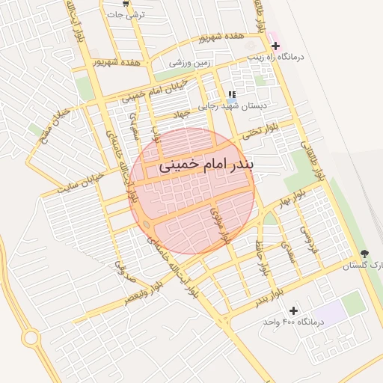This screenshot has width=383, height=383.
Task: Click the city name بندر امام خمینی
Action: (x=207, y=166)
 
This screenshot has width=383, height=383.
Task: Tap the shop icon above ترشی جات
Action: (x=126, y=3)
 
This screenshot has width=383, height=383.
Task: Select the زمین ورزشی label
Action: (x=190, y=64)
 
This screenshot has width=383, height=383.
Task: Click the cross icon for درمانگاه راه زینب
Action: (x=275, y=46)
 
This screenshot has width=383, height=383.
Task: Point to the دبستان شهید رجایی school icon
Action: (x=232, y=95)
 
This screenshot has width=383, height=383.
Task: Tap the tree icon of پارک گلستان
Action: (x=364, y=254)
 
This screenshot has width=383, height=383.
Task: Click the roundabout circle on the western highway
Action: (x=31, y=338)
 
